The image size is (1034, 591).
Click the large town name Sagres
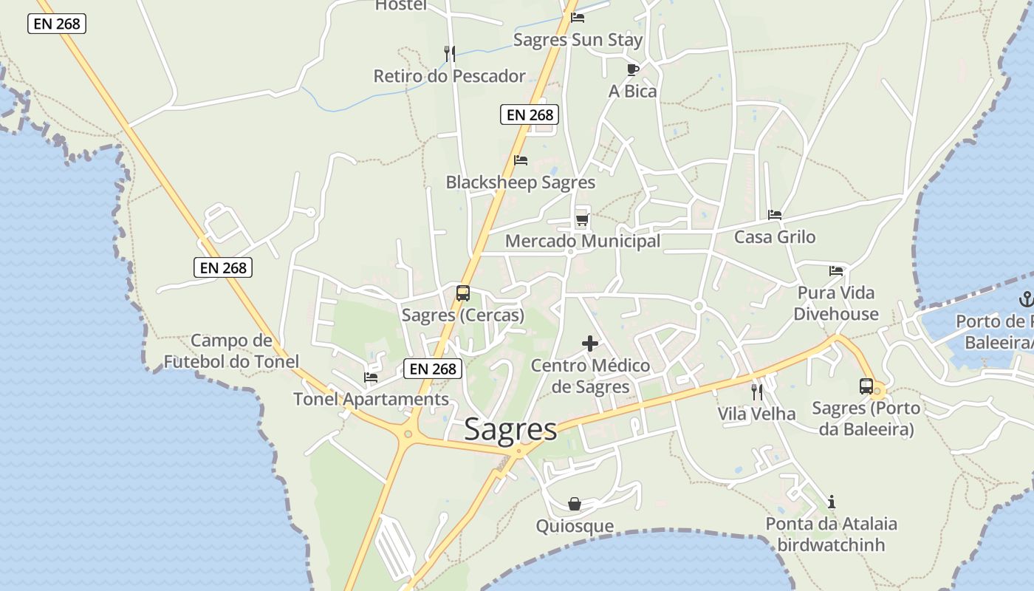[510, 430]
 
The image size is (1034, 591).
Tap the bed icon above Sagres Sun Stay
[578, 17]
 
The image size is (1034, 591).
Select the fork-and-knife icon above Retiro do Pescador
[449, 53]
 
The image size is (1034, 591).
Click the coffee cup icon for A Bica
[632, 69]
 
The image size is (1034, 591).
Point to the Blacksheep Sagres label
[520, 182]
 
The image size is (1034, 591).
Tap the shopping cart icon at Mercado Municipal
[582, 219]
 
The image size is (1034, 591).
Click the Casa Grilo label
[775, 237]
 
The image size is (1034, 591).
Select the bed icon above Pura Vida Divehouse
[836, 271]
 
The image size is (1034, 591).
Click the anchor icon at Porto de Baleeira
[1025, 299]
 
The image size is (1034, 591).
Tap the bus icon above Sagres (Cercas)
[463, 293]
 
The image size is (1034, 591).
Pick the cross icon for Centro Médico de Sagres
[590, 344]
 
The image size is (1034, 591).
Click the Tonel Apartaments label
[371, 400]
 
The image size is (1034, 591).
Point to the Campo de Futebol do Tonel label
[231, 352]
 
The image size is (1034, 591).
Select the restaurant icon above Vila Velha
[757, 392]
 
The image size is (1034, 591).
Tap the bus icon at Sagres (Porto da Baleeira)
[866, 386]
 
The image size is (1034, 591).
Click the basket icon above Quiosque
[575, 505]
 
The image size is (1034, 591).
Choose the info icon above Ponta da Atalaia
[832, 502]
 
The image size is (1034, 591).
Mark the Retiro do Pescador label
[449, 76]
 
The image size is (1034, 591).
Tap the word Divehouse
[836, 314]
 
